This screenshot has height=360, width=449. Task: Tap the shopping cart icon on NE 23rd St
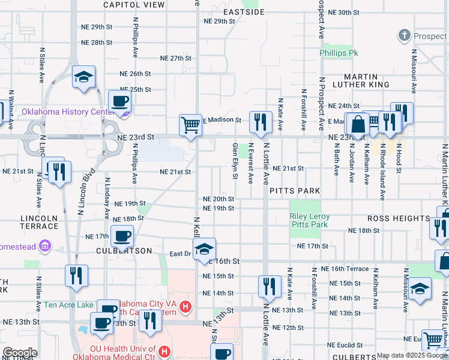click(190, 125)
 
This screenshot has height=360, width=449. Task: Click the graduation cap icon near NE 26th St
click(83, 77)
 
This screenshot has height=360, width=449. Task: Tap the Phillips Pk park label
click(339, 53)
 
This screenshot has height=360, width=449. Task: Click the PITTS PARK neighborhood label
click(294, 191)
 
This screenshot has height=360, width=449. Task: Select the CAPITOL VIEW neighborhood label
click(134, 4)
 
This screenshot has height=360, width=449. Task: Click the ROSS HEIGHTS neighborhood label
click(399, 218)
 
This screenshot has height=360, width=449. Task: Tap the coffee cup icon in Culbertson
click(123, 237)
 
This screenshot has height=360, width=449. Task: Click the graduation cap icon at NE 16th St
click(204, 249)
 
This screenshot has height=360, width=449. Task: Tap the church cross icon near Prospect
click(405, 35)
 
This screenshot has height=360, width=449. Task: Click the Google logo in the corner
click(20, 353)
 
